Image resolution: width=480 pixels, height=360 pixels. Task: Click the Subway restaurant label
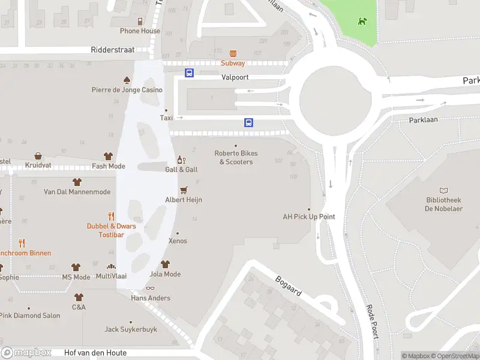[233, 64]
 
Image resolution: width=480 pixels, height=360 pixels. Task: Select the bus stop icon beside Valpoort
[190, 73]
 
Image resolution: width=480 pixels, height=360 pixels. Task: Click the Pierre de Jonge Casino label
[127, 90]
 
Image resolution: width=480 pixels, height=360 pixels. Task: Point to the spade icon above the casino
[127, 80]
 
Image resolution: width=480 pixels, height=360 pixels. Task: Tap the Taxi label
[166, 118]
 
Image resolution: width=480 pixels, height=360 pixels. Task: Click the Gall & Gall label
[181, 170]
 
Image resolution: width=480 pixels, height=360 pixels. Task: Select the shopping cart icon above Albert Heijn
[184, 190]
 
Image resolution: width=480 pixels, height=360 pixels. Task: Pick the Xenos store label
[178, 241]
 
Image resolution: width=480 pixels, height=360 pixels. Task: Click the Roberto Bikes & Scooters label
[236, 158]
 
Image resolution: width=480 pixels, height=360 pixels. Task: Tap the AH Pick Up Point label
[309, 217]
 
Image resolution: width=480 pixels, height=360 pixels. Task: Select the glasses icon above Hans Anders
[150, 289]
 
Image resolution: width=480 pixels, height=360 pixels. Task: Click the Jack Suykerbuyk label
[131, 329]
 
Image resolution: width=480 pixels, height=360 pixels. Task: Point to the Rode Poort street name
[371, 321]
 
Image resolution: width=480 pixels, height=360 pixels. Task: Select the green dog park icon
[362, 22]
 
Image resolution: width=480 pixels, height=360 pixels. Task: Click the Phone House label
[140, 31]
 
